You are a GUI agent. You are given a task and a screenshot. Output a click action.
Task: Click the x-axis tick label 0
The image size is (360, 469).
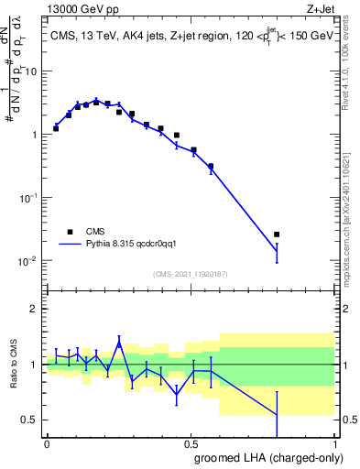(47, 442)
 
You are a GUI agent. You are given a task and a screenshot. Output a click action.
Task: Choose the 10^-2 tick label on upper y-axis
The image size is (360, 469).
(27, 260)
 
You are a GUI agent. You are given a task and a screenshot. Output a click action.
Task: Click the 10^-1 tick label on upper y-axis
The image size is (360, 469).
(27, 197)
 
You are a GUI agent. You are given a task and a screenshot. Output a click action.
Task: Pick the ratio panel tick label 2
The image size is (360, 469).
(35, 309)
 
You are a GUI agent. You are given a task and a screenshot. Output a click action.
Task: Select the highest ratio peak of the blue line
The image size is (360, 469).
(119, 344)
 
